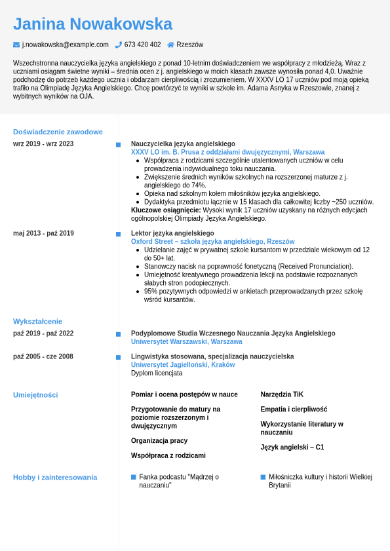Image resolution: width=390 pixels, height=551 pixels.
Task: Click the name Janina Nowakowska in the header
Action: [92, 24]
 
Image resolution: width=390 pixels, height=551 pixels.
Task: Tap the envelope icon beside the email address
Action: [16, 45]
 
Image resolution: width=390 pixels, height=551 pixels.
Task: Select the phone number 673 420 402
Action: [142, 45]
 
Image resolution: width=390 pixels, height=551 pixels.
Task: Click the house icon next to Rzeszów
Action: [170, 45]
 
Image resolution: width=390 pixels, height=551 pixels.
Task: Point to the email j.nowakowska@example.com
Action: [66, 45]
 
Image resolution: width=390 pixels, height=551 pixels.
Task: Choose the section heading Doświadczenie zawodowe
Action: [58, 132]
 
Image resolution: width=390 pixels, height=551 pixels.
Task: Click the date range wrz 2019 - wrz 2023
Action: [43, 143]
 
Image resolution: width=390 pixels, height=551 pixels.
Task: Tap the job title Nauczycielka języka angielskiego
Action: [183, 143]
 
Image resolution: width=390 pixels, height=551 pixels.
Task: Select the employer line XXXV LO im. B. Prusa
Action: [227, 152]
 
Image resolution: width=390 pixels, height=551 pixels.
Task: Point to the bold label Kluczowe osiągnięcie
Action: [166, 210]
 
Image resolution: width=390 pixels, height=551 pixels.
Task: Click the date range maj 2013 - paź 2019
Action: [43, 233]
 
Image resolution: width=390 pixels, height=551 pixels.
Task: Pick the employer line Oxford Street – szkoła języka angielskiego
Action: [212, 242]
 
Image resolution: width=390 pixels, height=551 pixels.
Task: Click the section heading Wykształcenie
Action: [37, 321]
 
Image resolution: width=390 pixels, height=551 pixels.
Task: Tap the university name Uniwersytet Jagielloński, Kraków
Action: [183, 365]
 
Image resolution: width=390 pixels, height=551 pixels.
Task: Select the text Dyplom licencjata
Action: [157, 373]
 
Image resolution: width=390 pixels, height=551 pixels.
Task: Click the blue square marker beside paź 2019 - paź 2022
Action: [118, 334]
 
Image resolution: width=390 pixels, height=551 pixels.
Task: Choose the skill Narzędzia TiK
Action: [282, 394]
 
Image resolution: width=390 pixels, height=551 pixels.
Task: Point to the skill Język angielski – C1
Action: [292, 447]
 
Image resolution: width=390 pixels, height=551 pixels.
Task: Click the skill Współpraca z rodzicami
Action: [168, 455]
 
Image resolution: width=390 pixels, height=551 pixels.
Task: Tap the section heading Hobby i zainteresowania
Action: [55, 477]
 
